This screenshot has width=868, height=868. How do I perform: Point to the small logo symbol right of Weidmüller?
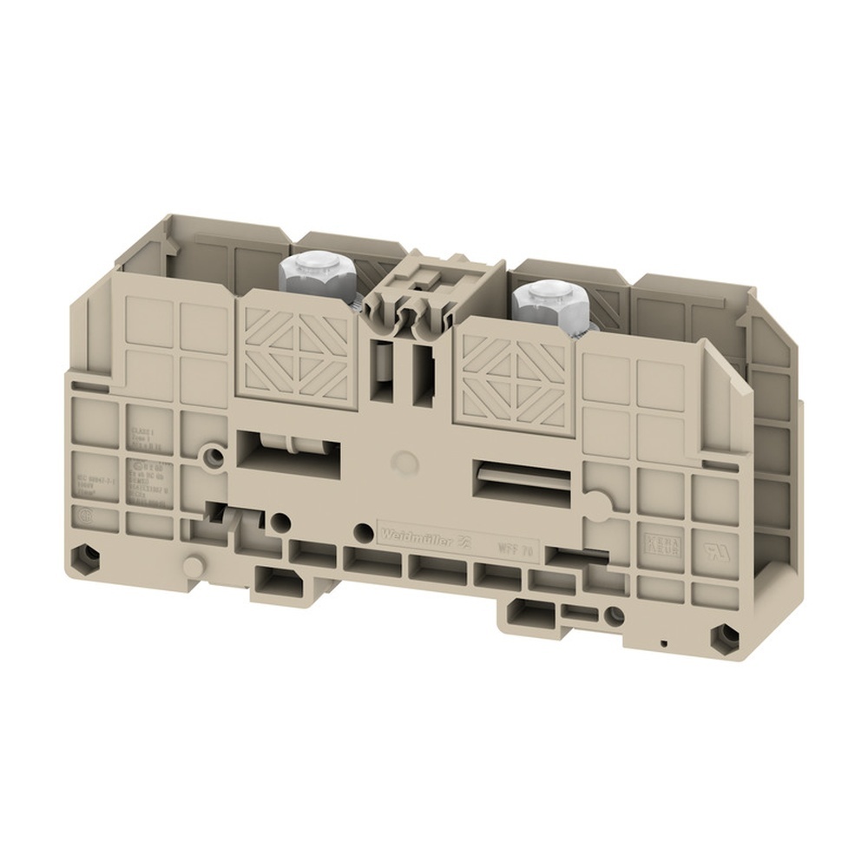(464, 542)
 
